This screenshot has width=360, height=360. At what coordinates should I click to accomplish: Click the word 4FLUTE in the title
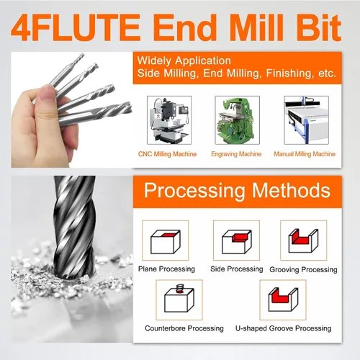76,27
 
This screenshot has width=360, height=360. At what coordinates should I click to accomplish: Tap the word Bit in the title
319,27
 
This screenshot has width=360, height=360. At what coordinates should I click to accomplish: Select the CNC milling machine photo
169,120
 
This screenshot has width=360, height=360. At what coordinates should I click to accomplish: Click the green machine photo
237,120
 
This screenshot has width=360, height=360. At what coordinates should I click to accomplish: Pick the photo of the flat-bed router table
306,120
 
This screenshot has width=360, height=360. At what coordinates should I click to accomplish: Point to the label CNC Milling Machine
167,154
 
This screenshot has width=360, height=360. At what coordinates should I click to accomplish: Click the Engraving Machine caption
236,154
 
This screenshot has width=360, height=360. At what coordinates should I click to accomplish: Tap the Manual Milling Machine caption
305,154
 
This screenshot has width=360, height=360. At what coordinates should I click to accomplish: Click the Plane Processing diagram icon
166,240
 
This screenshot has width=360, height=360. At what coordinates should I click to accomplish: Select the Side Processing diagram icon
236,240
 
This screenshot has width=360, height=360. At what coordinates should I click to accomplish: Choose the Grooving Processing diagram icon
304,240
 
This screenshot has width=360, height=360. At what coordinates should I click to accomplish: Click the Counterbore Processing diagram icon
179,300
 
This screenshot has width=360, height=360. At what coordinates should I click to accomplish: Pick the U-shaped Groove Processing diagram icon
283,300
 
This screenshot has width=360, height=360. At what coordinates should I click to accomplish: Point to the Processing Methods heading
237,191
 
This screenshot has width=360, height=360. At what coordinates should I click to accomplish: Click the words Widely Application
184,60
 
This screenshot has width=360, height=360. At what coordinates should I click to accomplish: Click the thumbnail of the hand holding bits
72,109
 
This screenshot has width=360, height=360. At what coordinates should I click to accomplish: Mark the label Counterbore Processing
184,328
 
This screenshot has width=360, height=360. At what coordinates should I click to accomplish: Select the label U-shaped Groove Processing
283,328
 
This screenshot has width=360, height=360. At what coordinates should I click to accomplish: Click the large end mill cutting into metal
75,228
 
